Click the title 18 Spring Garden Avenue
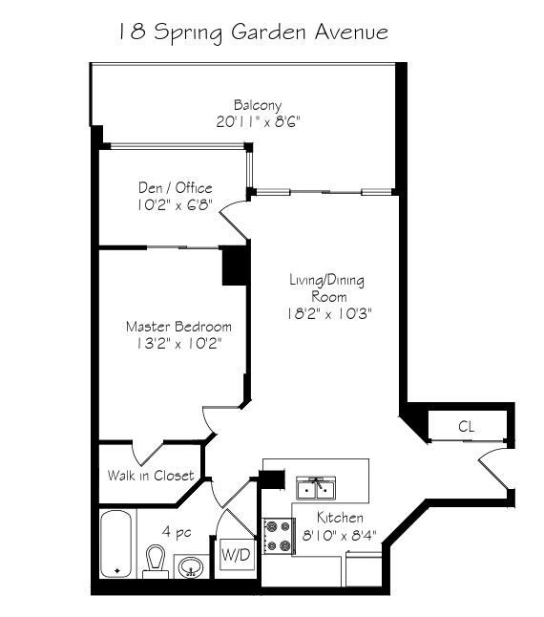click(x=253, y=32)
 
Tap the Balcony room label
click(x=258, y=105)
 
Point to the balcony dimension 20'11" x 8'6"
click(x=258, y=122)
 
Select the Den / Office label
click(x=176, y=188)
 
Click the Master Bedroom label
click(x=178, y=327)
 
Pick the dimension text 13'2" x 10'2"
click(x=178, y=344)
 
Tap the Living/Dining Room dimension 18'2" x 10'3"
click(x=329, y=314)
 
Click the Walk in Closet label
click(x=151, y=476)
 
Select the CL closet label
click(x=466, y=427)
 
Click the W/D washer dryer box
click(x=236, y=555)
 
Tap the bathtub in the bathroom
click(x=115, y=544)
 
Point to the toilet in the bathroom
click(x=156, y=562)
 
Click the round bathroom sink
click(x=191, y=567)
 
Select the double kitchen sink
click(x=316, y=488)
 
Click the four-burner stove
click(x=279, y=537)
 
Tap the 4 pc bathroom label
click(x=177, y=532)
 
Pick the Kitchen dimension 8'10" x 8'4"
click(x=339, y=535)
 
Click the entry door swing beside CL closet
click(x=492, y=469)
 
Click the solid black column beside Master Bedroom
click(x=236, y=266)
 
